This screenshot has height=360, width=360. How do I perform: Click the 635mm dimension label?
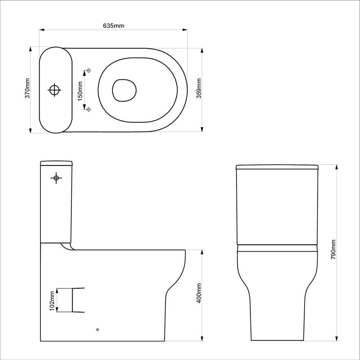coord(113,26)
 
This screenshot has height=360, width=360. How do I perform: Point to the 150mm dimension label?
coord(80,90)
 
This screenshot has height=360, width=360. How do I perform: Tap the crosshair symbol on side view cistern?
coord(56,177)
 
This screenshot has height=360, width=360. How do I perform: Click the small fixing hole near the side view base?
coord(98,329)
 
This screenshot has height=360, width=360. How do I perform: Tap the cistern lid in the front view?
coord(277,167)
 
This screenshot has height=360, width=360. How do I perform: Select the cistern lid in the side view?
coord(56,163)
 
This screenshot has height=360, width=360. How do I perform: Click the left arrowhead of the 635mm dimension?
coord(41,30)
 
